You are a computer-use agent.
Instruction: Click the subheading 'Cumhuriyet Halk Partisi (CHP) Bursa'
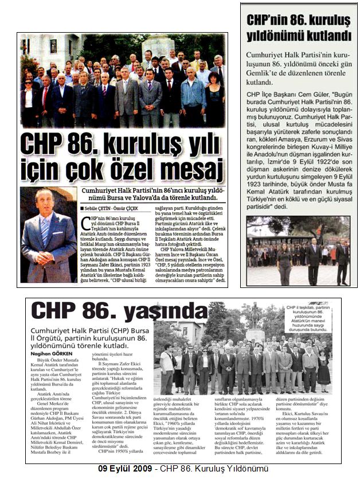(87, 332)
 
